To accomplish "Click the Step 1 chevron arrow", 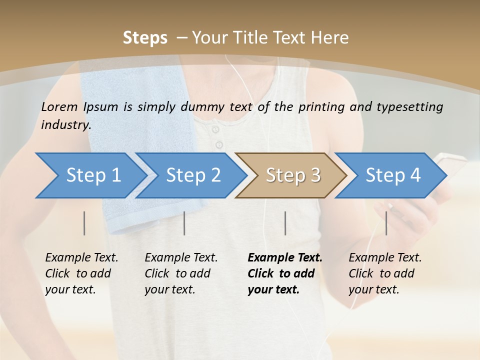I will [x=90, y=175].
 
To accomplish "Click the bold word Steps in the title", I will [x=145, y=38].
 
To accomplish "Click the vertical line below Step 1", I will [x=84, y=223].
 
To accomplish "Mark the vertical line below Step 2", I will [x=184, y=223].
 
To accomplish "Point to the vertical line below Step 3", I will [x=285, y=223].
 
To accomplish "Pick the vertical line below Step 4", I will [x=386, y=223].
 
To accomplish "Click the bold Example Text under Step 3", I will [x=285, y=258].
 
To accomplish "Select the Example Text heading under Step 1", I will [x=81, y=258].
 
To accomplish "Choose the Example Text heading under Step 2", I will [x=181, y=258].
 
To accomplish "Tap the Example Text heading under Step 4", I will [x=385, y=258].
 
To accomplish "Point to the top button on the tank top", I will [x=215, y=130].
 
